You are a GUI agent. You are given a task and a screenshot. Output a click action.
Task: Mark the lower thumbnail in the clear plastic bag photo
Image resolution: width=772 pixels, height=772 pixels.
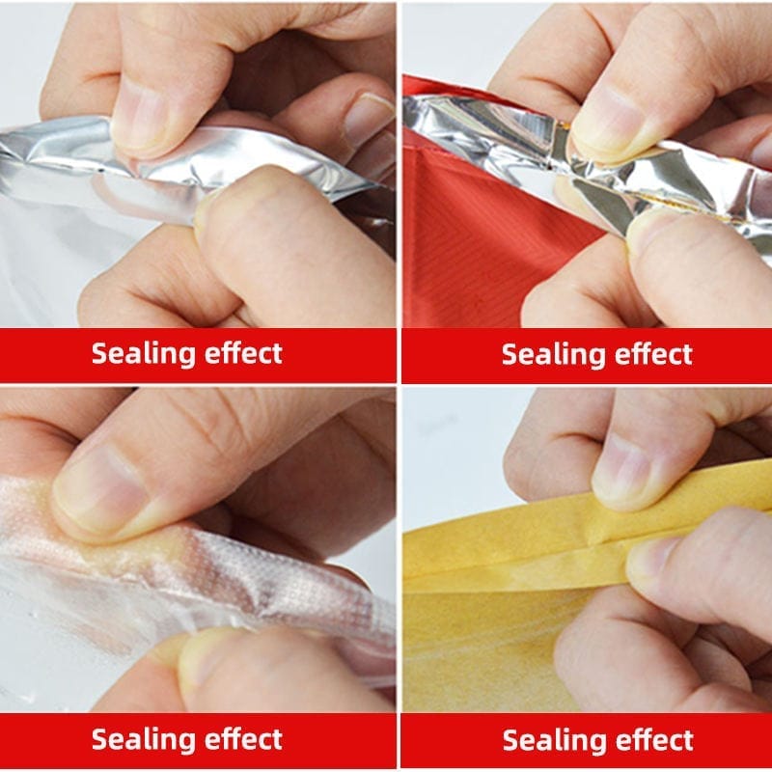pos(207,655)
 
